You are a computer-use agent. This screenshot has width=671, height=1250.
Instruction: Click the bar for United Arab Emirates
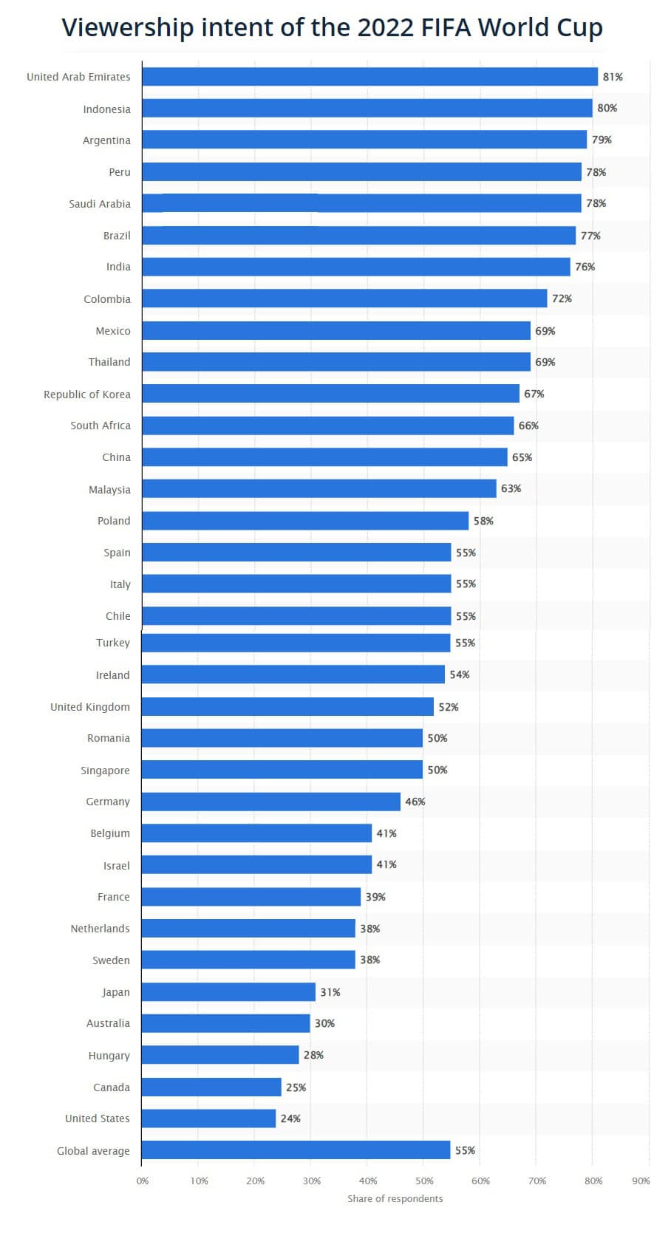click(x=369, y=77)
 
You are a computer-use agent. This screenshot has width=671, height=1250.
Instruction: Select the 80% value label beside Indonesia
click(x=607, y=109)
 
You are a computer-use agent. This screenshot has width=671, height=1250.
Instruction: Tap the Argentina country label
click(x=106, y=140)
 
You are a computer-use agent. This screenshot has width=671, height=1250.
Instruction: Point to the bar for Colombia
click(x=344, y=298)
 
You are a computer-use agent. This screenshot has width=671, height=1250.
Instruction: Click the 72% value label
click(x=562, y=298)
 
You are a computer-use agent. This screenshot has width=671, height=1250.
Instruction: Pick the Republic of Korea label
click(x=86, y=395)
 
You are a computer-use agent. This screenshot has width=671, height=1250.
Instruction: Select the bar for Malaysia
click(x=319, y=488)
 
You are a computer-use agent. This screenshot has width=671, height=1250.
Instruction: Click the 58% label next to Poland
click(x=483, y=521)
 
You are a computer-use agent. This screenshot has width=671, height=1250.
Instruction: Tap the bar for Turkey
click(x=296, y=643)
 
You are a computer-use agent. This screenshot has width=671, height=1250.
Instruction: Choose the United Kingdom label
click(x=89, y=707)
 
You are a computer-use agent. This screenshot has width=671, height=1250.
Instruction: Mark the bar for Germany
click(x=270, y=802)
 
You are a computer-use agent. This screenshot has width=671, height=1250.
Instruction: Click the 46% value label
click(x=415, y=802)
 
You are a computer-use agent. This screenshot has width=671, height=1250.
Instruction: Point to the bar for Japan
click(x=228, y=992)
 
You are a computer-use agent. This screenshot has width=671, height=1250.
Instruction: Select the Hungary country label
click(x=109, y=1056)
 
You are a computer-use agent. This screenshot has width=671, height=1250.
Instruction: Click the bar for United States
click(x=208, y=1118)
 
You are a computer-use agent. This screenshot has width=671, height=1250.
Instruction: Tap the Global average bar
click(x=296, y=1150)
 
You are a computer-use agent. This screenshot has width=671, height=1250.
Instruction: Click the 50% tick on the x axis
click(x=423, y=1181)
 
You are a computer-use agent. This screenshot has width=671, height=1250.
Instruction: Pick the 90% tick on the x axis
click(x=641, y=1181)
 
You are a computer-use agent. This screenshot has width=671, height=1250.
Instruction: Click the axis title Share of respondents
click(x=395, y=1199)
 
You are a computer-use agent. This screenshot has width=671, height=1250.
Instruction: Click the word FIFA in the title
click(x=446, y=27)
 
